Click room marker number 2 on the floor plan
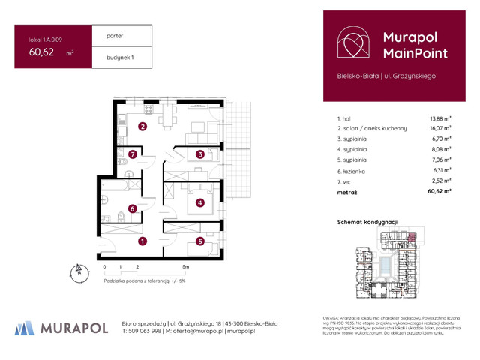(x=142, y=127)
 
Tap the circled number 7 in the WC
(x=132, y=155)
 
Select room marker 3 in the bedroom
(x=200, y=155)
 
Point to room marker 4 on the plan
(x=200, y=202)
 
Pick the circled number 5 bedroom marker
(x=200, y=241)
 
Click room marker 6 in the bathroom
(x=132, y=209)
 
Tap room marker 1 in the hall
(x=142, y=241)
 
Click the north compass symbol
(x=77, y=271)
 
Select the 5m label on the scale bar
(x=186, y=267)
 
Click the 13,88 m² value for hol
(x=439, y=118)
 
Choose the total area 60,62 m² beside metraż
(x=439, y=192)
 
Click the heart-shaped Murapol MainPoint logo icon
(x=352, y=44)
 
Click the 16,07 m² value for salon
(x=439, y=129)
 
